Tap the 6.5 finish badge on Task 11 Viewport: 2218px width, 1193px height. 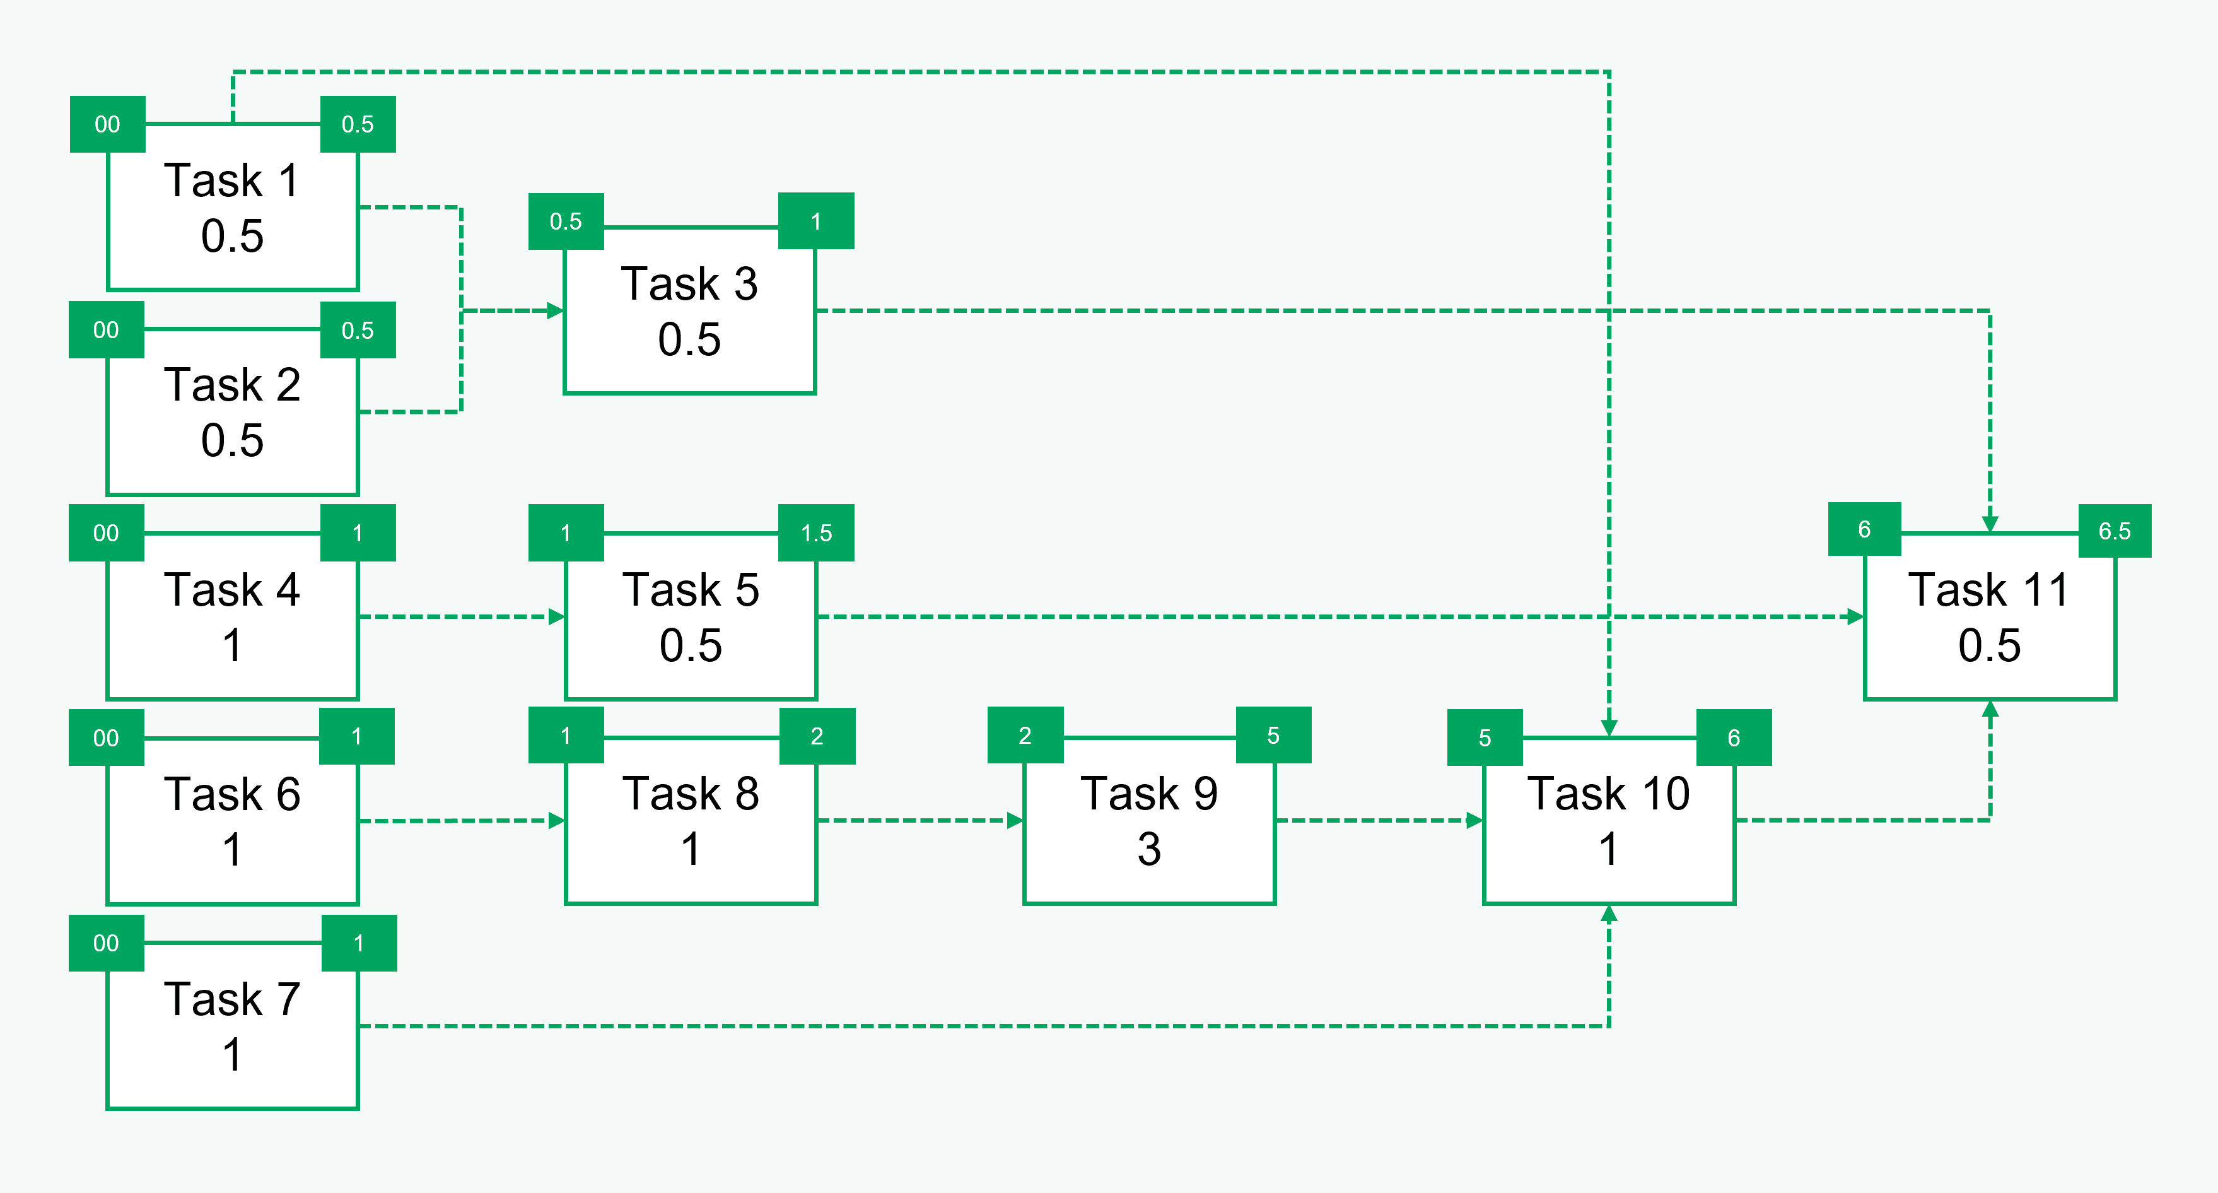click(2114, 531)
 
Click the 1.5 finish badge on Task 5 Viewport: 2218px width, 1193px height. click(816, 533)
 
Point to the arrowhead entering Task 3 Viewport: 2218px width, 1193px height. click(556, 311)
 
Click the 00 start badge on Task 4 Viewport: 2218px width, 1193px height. click(106, 533)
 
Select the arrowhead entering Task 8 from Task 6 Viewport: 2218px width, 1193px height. click(556, 821)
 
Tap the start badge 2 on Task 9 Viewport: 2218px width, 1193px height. click(1025, 736)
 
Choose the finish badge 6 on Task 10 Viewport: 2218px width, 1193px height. click(1733, 738)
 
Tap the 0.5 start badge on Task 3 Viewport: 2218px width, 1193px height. click(566, 221)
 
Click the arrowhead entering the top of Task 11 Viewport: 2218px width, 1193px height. click(1990, 524)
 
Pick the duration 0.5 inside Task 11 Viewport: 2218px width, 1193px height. click(1989, 646)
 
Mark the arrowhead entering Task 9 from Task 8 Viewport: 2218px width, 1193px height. click(1015, 821)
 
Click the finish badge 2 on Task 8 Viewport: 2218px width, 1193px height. click(816, 736)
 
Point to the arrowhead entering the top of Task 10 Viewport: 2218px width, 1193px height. click(1608, 728)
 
